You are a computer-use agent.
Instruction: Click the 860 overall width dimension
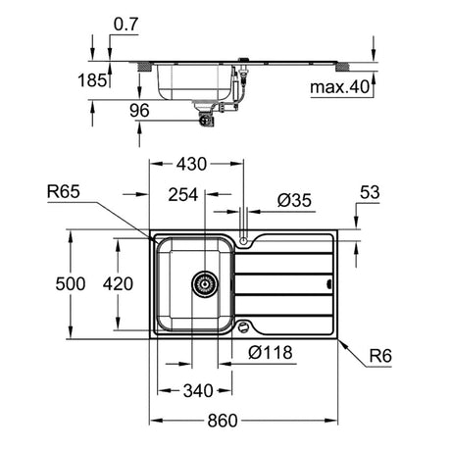click(223, 421)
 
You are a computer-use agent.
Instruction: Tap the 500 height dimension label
click(71, 283)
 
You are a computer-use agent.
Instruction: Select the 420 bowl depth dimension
click(118, 283)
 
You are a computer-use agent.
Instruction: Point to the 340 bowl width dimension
click(198, 390)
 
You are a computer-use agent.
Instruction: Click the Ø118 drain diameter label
click(271, 353)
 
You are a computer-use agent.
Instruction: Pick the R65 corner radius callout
click(64, 191)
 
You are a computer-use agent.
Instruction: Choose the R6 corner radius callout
click(380, 356)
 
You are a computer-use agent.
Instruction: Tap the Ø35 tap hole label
click(294, 200)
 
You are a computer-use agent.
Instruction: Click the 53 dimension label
click(370, 192)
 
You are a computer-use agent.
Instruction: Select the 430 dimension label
click(191, 164)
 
